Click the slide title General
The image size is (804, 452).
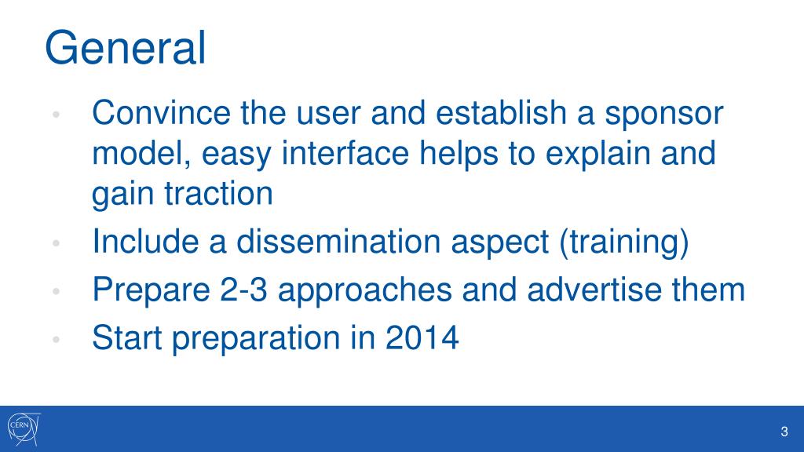[126, 48]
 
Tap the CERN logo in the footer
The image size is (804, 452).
[24, 429]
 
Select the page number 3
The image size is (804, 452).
[784, 432]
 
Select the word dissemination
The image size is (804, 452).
[338, 241]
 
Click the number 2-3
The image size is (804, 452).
[244, 289]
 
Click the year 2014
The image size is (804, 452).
[422, 337]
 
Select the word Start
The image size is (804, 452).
[127, 337]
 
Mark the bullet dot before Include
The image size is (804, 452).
[57, 243]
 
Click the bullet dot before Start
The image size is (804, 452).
[57, 339]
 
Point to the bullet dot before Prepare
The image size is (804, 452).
[57, 291]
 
